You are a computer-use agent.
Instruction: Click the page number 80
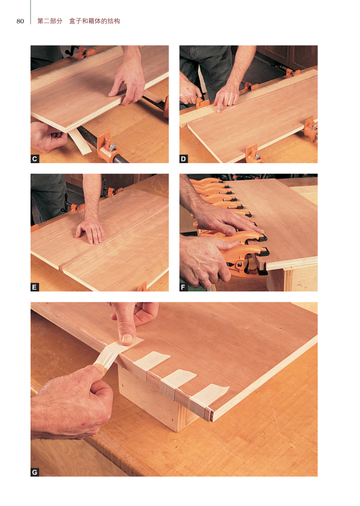20,22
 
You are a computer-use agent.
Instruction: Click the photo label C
35,159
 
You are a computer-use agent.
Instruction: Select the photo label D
184,159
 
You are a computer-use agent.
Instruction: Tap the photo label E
35,287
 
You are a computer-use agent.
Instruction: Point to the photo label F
184,287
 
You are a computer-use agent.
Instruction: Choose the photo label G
35,472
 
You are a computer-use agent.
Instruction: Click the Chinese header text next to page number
79,22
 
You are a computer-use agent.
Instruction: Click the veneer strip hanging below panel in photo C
80,141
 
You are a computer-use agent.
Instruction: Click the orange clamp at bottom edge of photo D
253,153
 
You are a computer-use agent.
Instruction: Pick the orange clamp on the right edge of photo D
311,128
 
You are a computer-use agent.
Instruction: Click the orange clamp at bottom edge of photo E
142,287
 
